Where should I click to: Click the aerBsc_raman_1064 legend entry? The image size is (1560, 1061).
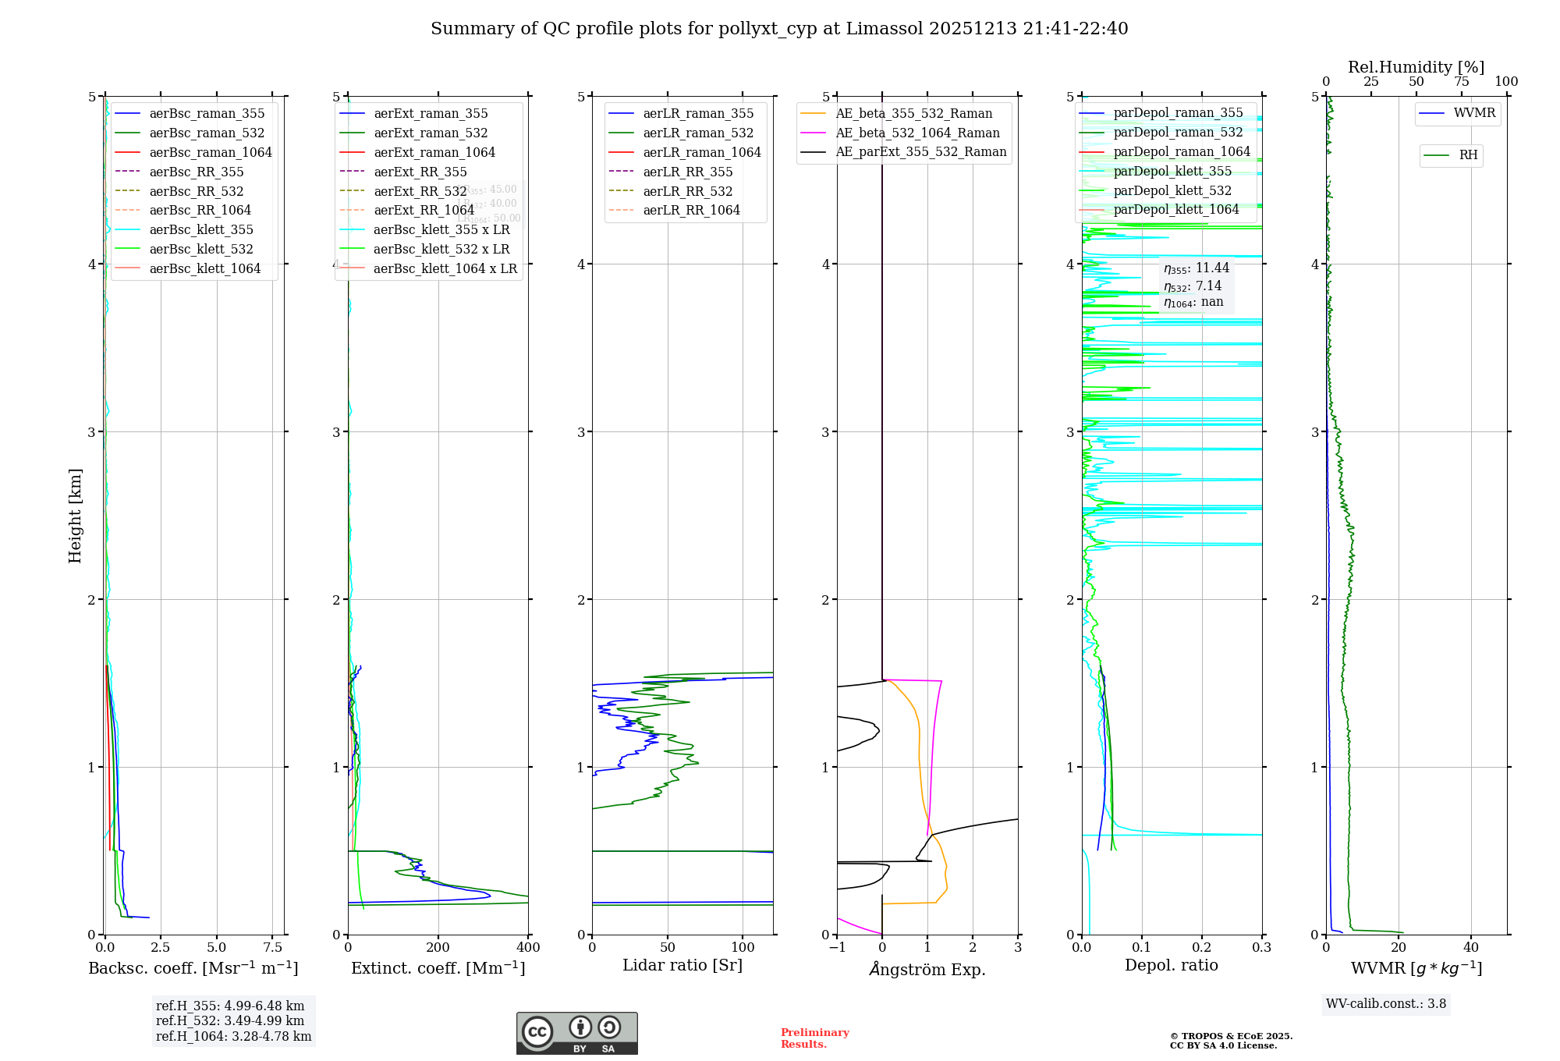click(211, 152)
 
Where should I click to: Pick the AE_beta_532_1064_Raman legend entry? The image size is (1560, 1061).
click(917, 133)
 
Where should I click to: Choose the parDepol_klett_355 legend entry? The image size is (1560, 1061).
click(1172, 171)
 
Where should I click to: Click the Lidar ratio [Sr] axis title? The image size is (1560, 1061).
click(682, 965)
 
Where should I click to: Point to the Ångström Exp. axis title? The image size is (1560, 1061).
click(927, 969)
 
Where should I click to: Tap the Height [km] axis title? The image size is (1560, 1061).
click(75, 515)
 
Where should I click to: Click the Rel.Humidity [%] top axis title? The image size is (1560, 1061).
click(1416, 67)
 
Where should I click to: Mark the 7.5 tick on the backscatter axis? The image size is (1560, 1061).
click(272, 947)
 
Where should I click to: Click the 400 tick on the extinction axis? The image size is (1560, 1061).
click(528, 947)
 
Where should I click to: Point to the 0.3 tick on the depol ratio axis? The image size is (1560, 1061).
click(1261, 947)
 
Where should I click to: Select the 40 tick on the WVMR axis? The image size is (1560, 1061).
click(1471, 947)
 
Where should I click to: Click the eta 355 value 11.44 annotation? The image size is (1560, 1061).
click(1197, 268)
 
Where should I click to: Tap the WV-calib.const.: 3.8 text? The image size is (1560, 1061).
click(1386, 1004)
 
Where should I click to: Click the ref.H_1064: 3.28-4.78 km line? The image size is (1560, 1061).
click(233, 1037)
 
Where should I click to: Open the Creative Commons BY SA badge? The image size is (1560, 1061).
click(576, 1033)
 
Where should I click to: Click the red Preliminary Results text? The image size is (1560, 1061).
click(814, 1038)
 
